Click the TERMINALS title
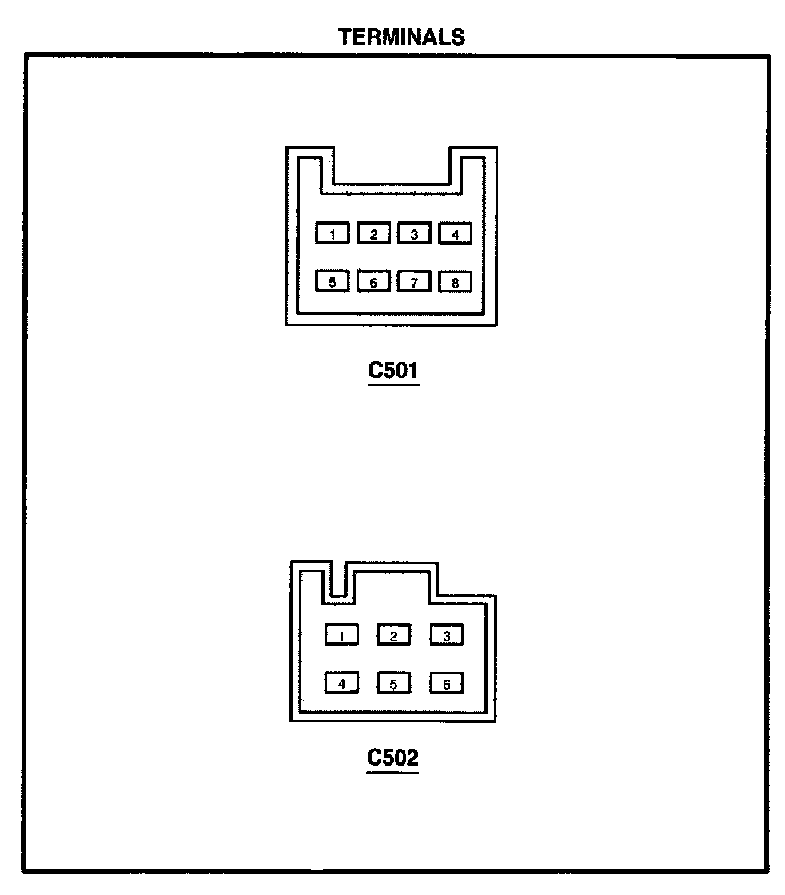coord(401,37)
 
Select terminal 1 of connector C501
coord(333,233)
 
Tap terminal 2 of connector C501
coord(373,233)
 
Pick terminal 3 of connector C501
coord(414,233)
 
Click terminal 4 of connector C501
coord(455,233)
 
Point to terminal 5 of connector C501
coord(333,281)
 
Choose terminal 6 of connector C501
coord(373,281)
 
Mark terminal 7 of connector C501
coord(414,281)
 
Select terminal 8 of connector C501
coord(455,281)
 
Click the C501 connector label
coord(393,371)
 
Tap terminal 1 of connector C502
coord(341,635)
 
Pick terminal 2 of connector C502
coord(393,635)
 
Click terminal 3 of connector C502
coord(447,635)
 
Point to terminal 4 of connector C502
coord(341,683)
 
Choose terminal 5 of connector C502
coord(393,683)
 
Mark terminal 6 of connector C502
coord(447,683)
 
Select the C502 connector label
coord(393,757)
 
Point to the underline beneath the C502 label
coord(393,772)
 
